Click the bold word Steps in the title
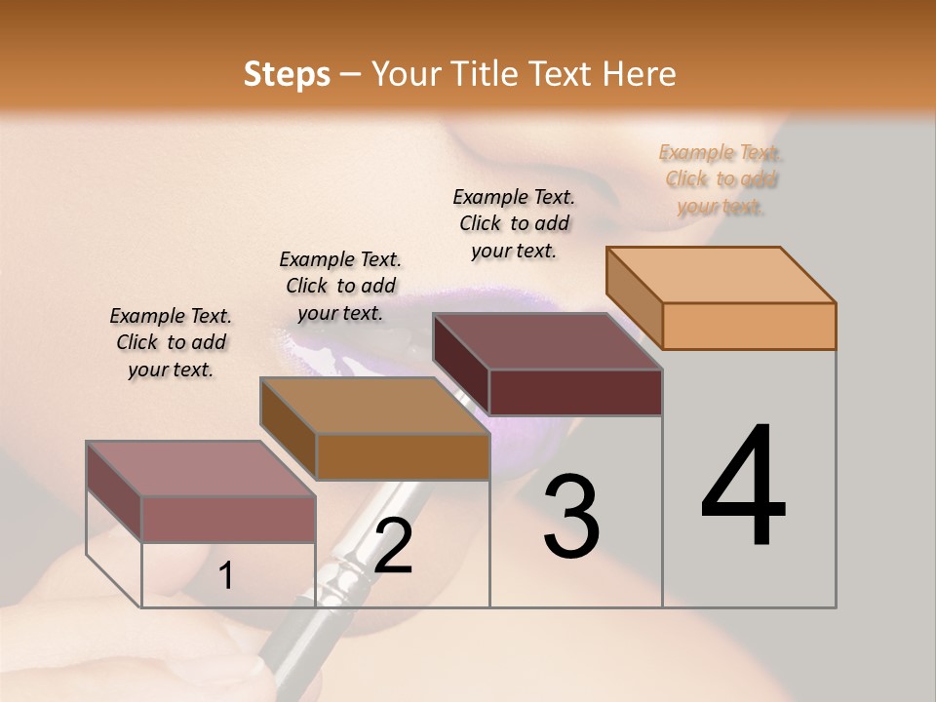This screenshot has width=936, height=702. (x=287, y=74)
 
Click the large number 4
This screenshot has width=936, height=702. (x=743, y=487)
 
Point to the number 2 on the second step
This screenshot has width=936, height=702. (x=393, y=546)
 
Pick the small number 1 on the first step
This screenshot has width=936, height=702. (x=226, y=576)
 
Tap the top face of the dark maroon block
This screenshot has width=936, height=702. (x=547, y=341)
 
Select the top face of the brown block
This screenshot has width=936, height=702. (x=374, y=406)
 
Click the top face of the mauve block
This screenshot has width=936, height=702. (x=201, y=469)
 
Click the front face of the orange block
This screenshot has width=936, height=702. (x=749, y=326)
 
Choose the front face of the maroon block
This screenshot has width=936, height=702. (x=575, y=392)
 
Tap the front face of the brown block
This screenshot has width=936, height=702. (x=403, y=456)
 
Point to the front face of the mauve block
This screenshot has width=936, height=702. (x=229, y=519)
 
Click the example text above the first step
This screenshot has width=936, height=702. (x=171, y=343)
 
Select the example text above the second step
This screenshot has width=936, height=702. (x=340, y=286)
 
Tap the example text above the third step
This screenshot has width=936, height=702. (x=514, y=223)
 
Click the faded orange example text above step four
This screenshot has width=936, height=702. (x=721, y=179)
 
